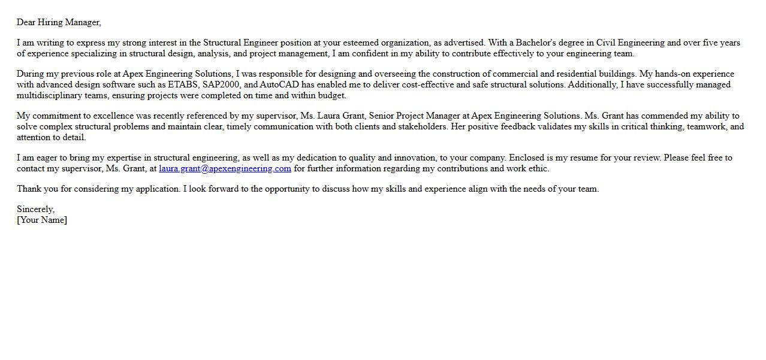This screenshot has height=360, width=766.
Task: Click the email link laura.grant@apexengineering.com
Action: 225,169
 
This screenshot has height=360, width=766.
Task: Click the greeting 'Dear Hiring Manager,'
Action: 59,23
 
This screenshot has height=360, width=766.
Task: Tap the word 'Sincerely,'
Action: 35,210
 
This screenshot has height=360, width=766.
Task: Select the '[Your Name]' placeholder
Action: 42,220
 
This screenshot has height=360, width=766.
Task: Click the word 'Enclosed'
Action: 526,158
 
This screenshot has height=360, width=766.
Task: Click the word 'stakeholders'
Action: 423,127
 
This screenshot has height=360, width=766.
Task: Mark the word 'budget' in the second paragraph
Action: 331,96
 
